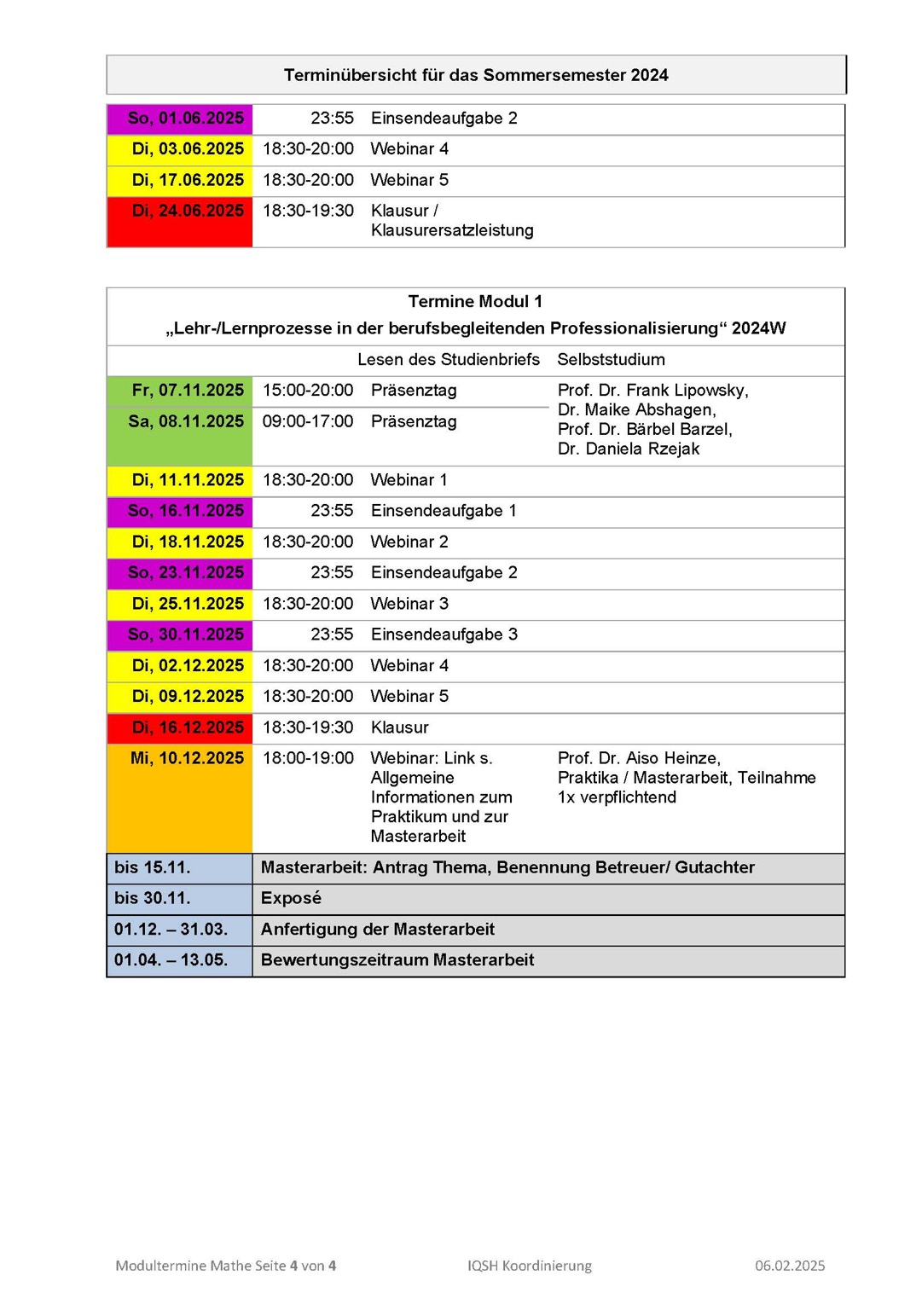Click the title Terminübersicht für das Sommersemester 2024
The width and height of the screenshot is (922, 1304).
tap(476, 75)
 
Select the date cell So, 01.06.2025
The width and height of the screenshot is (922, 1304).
tap(185, 119)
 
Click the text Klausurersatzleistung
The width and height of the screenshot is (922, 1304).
tap(452, 231)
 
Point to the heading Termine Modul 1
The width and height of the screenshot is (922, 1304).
tap(475, 302)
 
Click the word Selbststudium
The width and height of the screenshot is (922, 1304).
tap(611, 360)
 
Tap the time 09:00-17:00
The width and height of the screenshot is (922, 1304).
tap(307, 421)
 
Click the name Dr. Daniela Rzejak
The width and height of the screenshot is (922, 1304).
tap(629, 449)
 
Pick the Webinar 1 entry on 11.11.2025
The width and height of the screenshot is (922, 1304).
tap(409, 480)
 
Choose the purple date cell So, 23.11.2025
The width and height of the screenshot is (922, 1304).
tap(185, 573)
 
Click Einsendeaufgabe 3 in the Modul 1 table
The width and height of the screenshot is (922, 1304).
tap(444, 635)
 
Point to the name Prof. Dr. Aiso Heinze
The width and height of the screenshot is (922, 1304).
tap(639, 758)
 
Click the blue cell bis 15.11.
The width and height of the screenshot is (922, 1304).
tap(153, 868)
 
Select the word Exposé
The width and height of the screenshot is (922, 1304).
tap(291, 899)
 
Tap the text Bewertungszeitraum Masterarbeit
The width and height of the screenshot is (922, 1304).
tap(397, 960)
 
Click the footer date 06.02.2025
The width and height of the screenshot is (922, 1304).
tap(790, 1266)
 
